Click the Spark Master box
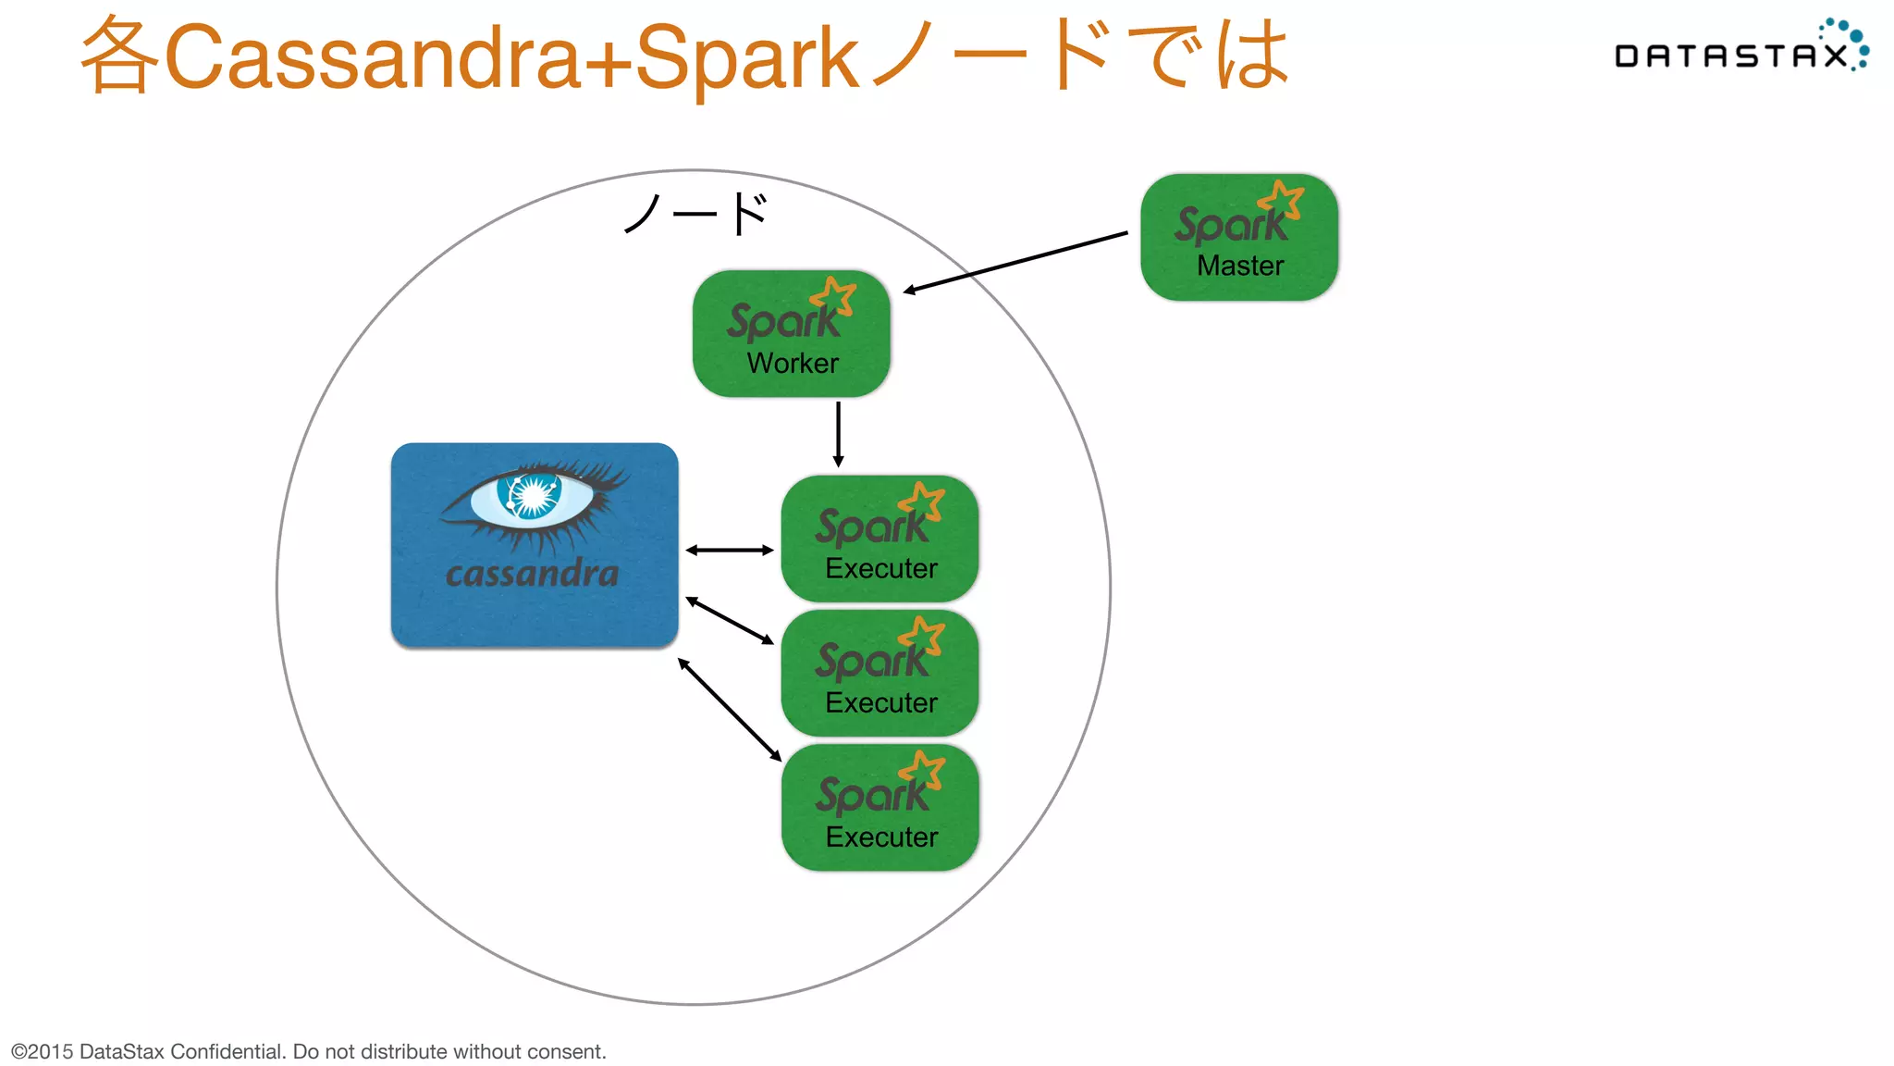coord(1239,237)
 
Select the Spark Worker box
coord(791,333)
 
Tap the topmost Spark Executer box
coord(879,539)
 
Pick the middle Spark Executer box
coord(879,673)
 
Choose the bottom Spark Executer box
coord(879,807)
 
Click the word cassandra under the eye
coord(532,574)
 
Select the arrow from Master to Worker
coord(1015,262)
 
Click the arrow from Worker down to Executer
coord(838,434)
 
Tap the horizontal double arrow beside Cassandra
coord(729,550)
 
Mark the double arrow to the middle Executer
coord(729,620)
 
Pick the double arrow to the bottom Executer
coord(729,709)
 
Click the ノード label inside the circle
coord(695,215)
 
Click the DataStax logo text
coord(1729,56)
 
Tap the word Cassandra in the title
coord(372,57)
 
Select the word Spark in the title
coord(747,57)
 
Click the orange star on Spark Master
coord(1282,200)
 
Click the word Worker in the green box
coord(793,363)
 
